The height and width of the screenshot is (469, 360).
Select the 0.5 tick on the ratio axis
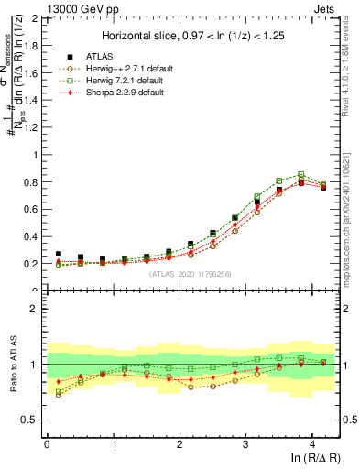tap(32, 420)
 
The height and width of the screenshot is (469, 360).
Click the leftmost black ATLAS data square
tap(59, 254)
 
